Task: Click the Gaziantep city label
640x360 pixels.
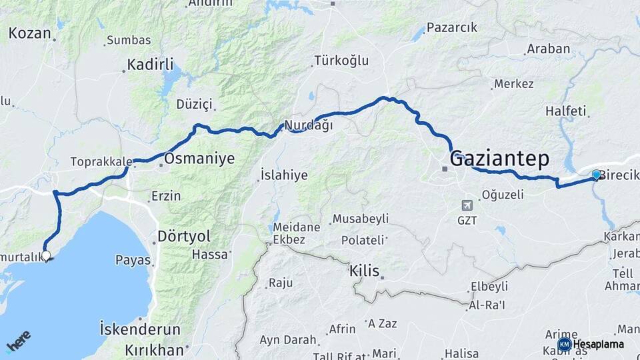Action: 499,159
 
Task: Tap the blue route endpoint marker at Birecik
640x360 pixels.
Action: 596,174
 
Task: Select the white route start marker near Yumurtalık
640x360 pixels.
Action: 46,255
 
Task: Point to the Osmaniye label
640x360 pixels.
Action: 199,159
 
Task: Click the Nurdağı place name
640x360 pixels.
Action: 308,125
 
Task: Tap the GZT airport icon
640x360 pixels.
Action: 467,205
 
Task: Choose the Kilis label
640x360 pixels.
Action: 364,271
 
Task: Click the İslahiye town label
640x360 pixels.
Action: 283,175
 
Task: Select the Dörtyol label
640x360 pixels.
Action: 183,236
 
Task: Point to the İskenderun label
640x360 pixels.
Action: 139,329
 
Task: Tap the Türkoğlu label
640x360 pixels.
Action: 341,61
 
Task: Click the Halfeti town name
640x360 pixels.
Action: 565,111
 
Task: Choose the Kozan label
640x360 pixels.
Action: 30,33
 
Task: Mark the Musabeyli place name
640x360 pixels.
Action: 360,219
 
